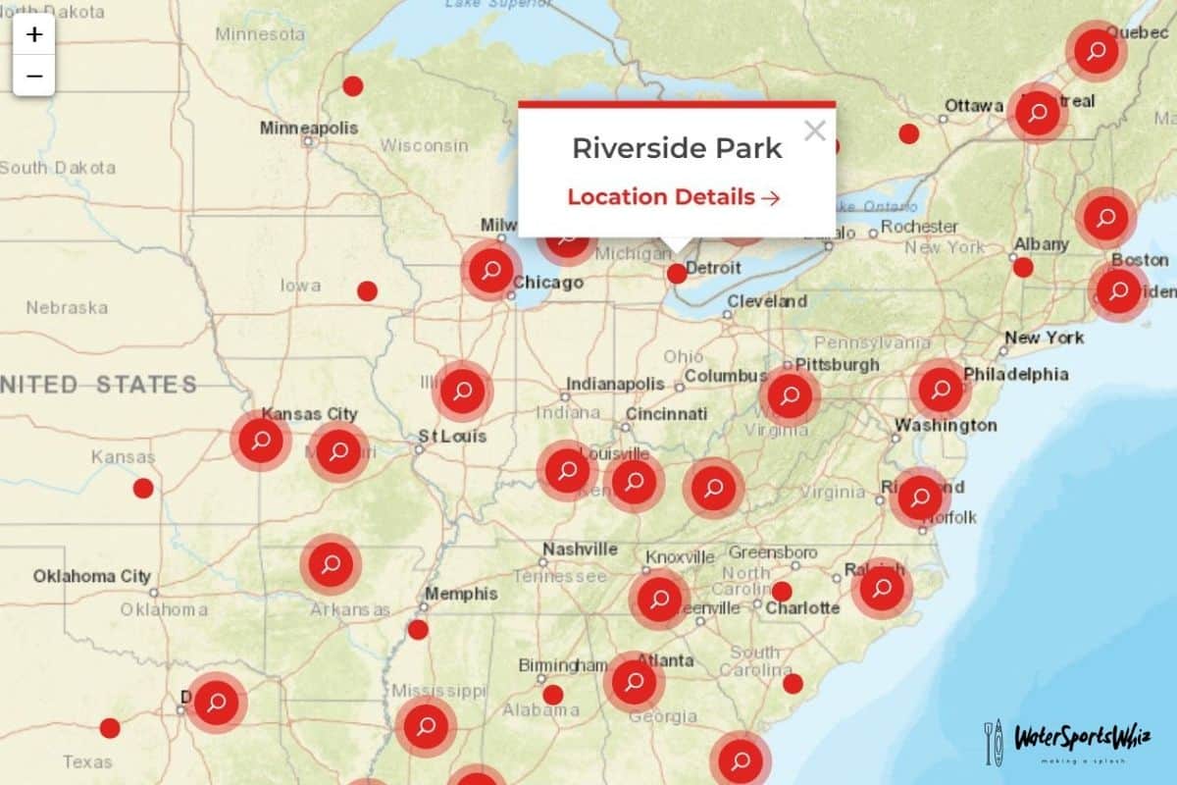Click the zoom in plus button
pyautogui.click(x=34, y=34)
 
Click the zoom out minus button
pyautogui.click(x=34, y=76)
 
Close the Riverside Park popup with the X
pyautogui.click(x=814, y=131)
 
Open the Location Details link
pyautogui.click(x=673, y=196)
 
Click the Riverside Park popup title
pyautogui.click(x=677, y=148)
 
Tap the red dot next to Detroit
pyautogui.click(x=677, y=274)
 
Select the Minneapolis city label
pyautogui.click(x=309, y=128)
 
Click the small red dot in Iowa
pyautogui.click(x=367, y=290)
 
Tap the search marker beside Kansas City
pyautogui.click(x=261, y=441)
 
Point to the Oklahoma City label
pyautogui.click(x=92, y=576)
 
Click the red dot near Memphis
pyautogui.click(x=418, y=629)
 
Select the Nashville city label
pyautogui.click(x=581, y=549)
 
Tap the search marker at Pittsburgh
pyautogui.click(x=790, y=395)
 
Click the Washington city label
pyautogui.click(x=945, y=425)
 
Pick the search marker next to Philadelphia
pyautogui.click(x=941, y=390)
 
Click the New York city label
pyautogui.click(x=1044, y=338)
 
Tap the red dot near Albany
pyautogui.click(x=1023, y=267)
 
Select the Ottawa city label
pyautogui.click(x=974, y=105)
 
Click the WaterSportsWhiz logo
pyautogui.click(x=1066, y=741)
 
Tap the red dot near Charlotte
pyautogui.click(x=782, y=592)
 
